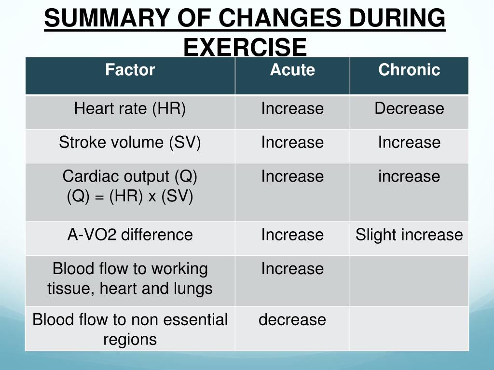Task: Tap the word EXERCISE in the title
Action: pos(245,47)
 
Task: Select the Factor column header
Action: pos(130,70)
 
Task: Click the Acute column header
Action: pos(292,70)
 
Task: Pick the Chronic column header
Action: pos(409,70)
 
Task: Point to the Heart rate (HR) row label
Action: pos(130,108)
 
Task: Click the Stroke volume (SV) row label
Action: pos(130,142)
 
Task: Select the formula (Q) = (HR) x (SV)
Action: pos(130,197)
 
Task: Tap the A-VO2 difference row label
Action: pos(130,235)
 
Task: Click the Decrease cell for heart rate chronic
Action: pos(409,108)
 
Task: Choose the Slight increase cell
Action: pos(409,235)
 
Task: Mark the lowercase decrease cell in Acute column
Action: pos(292,319)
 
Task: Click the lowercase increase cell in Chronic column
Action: pos(409,176)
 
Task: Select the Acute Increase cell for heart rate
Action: pos(292,108)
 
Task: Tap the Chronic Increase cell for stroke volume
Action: pos(409,142)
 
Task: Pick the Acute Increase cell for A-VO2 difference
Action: pos(292,235)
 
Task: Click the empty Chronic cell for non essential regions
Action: pos(409,329)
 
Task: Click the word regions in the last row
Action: pos(130,340)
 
